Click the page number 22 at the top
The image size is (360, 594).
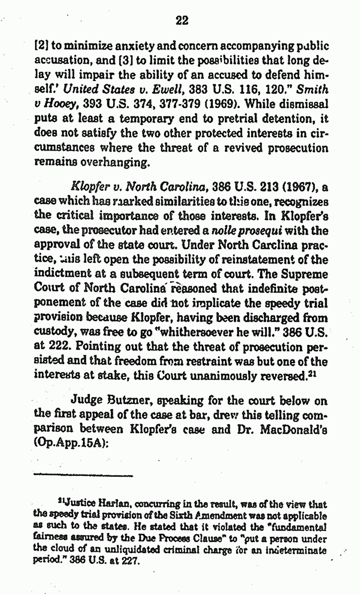coord(182,21)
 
